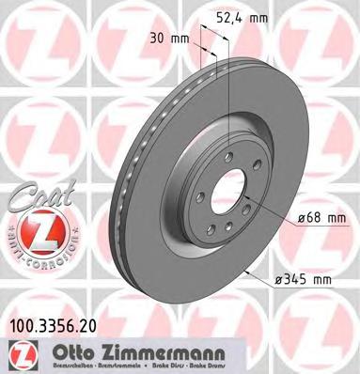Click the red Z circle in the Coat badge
coord(30,229)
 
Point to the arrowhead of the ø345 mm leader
coord(243,271)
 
